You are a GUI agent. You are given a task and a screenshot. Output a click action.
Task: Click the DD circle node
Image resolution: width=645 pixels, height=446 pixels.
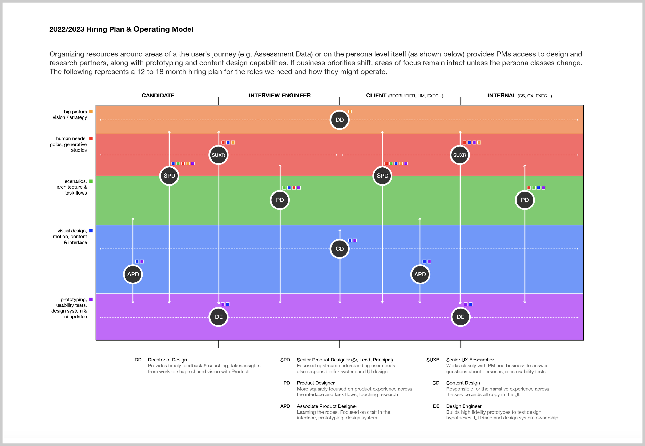tap(340, 120)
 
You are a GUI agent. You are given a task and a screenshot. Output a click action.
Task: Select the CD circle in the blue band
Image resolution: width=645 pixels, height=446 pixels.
tap(340, 249)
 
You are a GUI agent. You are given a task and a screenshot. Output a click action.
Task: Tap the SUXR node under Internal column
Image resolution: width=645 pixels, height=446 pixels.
tap(459, 155)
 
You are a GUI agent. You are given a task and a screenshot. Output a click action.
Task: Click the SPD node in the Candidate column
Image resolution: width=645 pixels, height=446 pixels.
tap(169, 176)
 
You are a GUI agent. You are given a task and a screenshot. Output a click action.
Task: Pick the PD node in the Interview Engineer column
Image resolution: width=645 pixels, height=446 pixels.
tap(280, 200)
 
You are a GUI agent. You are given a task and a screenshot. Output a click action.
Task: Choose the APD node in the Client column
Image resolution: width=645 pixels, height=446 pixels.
tap(420, 274)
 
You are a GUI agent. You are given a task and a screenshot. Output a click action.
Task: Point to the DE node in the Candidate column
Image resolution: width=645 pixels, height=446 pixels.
tap(219, 317)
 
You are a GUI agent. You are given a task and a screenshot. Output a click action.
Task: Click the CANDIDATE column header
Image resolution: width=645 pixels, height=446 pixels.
tap(158, 96)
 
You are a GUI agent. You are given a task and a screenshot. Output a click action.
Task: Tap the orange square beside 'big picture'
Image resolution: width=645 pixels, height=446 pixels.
tap(91, 112)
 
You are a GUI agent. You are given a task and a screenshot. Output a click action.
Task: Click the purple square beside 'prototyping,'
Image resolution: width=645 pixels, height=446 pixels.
tap(91, 299)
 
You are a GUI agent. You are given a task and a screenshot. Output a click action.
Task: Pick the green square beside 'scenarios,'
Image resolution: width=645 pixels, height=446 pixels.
tap(91, 181)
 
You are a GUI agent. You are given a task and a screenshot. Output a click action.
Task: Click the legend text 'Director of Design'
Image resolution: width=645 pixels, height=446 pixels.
tap(167, 360)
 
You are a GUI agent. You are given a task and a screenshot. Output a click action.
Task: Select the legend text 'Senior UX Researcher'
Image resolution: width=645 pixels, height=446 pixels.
tap(470, 360)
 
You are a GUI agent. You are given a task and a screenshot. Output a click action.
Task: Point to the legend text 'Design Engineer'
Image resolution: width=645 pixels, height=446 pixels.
tap(464, 406)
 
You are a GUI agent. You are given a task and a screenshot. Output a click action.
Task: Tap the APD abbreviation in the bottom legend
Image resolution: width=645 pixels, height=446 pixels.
tap(285, 406)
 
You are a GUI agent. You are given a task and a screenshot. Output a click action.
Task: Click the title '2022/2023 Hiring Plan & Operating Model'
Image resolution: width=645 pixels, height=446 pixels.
tap(121, 29)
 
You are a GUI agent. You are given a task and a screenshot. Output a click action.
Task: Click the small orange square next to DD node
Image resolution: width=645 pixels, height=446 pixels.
tap(350, 112)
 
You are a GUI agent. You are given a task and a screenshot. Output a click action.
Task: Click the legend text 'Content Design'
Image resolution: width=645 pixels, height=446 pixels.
tap(463, 383)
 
